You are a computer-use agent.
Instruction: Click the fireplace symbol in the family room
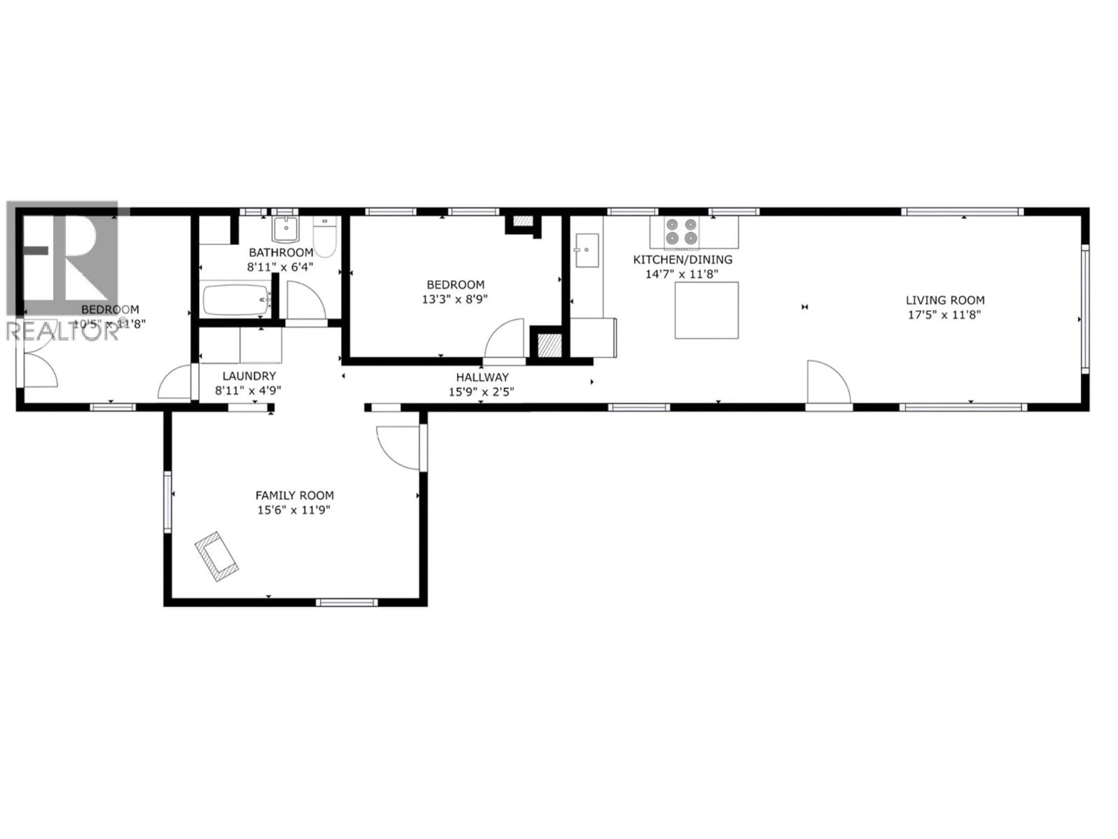coord(216,556)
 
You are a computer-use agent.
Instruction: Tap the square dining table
coord(707,310)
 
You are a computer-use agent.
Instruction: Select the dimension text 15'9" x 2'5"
coord(481,392)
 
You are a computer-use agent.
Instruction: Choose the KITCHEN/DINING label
coord(682,260)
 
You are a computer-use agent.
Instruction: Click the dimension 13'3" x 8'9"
coord(454,299)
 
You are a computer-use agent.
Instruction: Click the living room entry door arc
coord(827,382)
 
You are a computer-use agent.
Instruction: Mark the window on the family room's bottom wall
coord(347,602)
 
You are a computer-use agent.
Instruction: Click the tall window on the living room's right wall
coord(1085,309)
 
